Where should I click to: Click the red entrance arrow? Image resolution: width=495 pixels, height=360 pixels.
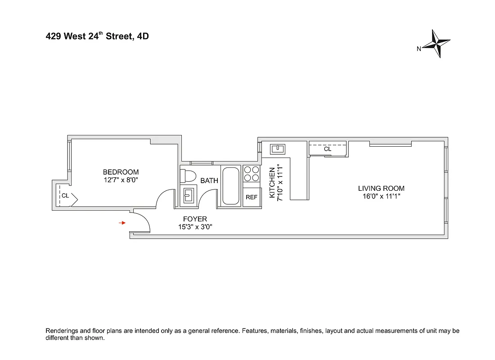point(122,223)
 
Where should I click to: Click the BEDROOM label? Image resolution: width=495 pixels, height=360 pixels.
point(121,172)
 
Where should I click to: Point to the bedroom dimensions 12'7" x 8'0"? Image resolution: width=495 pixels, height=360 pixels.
point(121,180)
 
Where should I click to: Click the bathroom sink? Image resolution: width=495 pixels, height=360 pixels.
point(188,195)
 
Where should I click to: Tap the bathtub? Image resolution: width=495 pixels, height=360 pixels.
point(231,186)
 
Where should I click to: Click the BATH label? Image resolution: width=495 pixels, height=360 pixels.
point(209,180)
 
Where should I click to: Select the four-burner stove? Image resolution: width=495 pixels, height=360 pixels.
point(252,174)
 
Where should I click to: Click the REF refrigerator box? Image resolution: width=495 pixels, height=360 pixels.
point(252,198)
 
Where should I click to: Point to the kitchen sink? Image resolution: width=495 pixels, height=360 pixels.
point(276,148)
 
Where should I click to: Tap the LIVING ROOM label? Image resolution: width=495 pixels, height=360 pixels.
point(381,188)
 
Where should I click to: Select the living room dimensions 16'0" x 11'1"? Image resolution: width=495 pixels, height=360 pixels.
point(381,196)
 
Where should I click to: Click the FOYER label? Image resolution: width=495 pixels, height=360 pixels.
point(195,219)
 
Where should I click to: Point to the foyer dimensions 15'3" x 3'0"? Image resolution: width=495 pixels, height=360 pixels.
point(195,227)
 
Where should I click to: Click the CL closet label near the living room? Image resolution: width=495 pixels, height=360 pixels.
point(328,148)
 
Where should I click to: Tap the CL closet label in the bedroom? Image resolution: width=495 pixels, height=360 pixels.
point(65,196)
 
